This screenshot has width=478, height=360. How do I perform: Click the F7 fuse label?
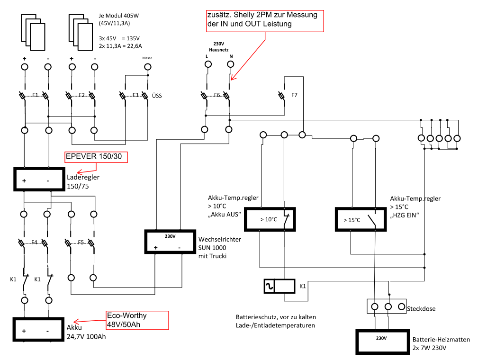click(294, 95)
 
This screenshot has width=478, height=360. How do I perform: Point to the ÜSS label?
click(157, 96)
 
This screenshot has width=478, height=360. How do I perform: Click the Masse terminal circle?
click(147, 67)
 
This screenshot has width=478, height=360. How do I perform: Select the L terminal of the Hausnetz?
click(208, 64)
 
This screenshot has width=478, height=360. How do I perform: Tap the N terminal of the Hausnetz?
click(231, 64)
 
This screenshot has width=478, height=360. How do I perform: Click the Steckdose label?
click(421, 308)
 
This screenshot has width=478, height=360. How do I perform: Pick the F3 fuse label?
click(135, 95)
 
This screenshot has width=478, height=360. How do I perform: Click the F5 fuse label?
click(81, 243)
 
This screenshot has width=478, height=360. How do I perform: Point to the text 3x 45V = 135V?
click(119, 38)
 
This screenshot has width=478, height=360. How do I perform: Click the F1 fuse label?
click(36, 95)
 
